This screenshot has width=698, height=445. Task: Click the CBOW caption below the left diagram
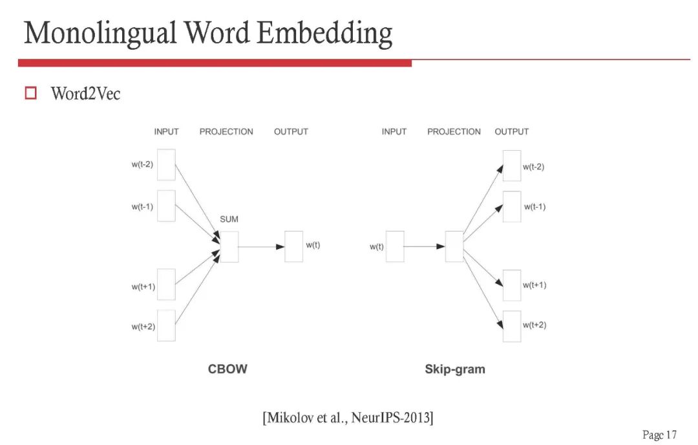pos(227,369)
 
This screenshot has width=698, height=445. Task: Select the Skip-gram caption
pos(454,369)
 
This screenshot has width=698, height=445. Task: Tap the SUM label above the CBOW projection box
pos(229,219)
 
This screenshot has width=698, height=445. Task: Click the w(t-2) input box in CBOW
pos(166,165)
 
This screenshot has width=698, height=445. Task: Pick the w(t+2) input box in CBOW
pos(166,325)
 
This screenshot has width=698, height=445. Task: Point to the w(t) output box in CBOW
pos(293,246)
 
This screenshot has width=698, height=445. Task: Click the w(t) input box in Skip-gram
pos(395,246)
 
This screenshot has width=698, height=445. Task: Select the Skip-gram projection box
pos(454,246)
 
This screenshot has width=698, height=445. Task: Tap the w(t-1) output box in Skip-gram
pos(512,206)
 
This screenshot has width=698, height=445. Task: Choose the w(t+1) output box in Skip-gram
pos(512,285)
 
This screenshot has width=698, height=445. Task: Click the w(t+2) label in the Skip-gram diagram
pos(534,325)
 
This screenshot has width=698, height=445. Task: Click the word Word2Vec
pos(85,94)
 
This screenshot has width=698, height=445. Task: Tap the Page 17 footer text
pos(659,434)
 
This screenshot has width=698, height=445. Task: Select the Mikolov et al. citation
pos(348,418)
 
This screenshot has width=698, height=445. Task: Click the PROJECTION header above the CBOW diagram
pos(226,131)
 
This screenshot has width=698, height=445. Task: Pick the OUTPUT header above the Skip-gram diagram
pos(511,131)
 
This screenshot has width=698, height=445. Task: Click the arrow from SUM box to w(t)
pos(261,246)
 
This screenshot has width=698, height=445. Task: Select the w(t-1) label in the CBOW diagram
pos(142,206)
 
